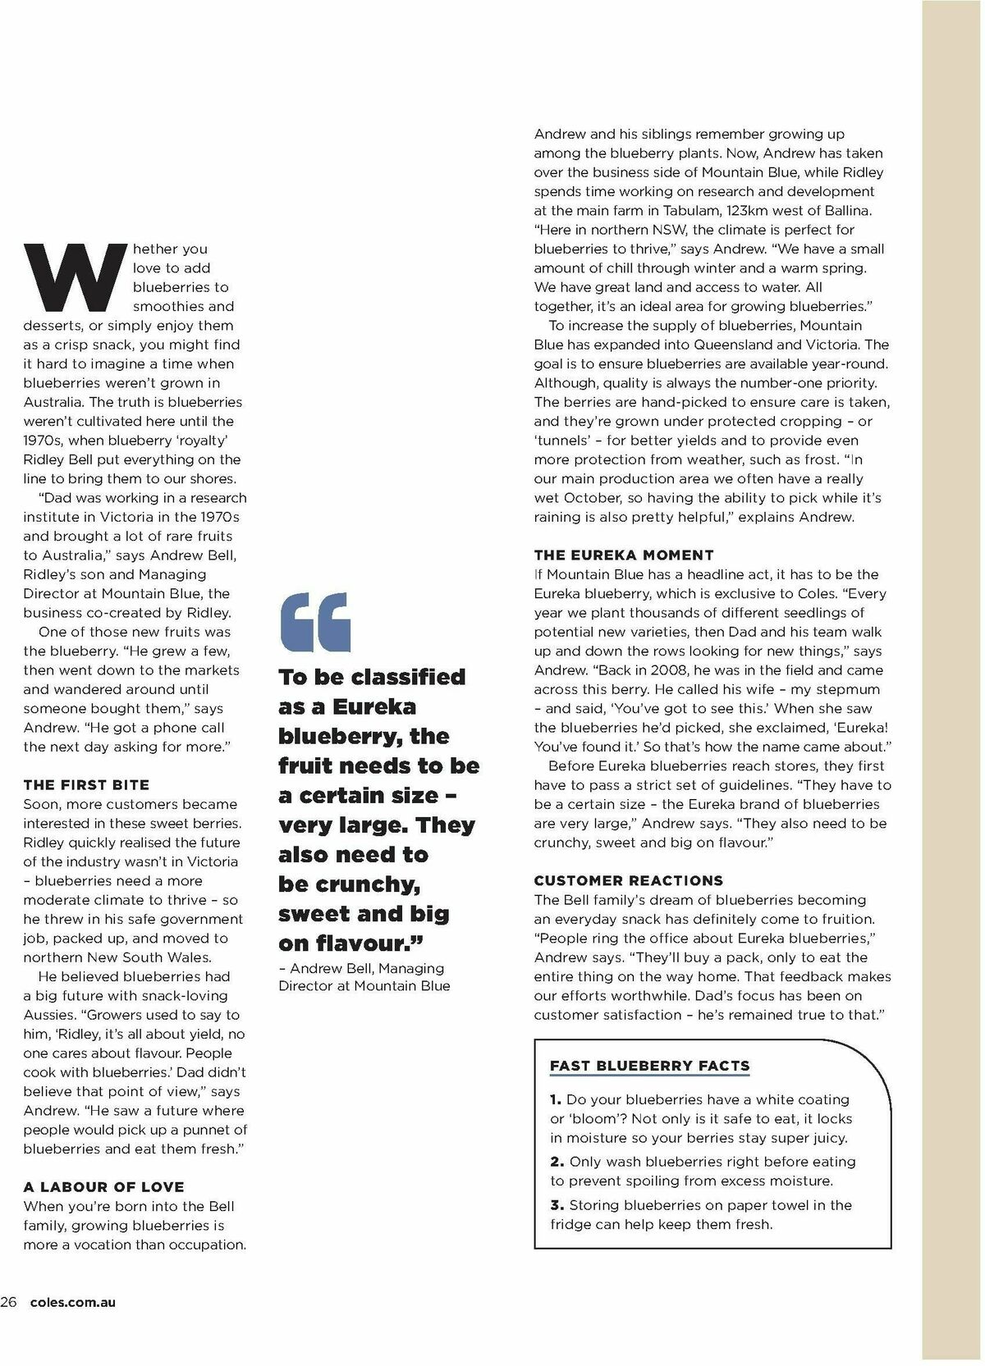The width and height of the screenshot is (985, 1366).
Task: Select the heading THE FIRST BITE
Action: [86, 785]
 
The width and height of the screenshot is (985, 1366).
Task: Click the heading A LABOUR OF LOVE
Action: [103, 1187]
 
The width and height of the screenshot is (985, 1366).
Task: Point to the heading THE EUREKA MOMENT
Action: [624, 555]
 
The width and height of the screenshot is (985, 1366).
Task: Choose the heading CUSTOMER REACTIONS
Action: [628, 881]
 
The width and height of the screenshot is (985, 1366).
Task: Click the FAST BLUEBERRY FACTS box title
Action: [649, 1066]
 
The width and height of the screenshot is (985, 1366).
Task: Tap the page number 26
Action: [9, 1302]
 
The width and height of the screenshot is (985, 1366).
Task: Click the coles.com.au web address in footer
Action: [72, 1302]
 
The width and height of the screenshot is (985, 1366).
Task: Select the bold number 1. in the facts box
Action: [556, 1099]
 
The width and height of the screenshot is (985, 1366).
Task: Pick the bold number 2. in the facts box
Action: [557, 1162]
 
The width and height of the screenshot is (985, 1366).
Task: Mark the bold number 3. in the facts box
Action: [557, 1205]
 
